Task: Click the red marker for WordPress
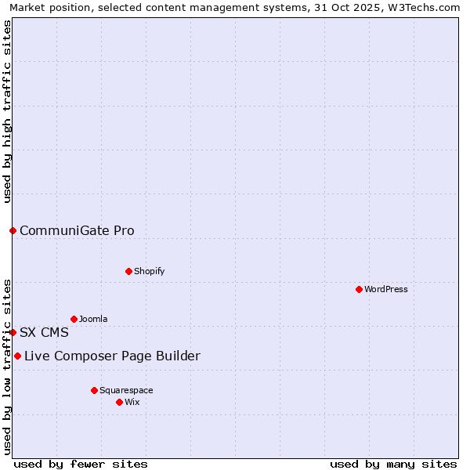pos(359,289)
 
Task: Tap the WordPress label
pos(386,289)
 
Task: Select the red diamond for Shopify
pos(128,271)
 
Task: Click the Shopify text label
pos(150,271)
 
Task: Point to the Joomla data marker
pos(74,319)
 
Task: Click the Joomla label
pos(93,319)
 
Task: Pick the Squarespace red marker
pos(94,390)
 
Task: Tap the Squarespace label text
pos(126,390)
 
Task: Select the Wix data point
pos(119,402)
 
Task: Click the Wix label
pos(132,402)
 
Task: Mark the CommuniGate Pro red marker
pos(13,230)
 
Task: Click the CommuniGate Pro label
pos(77,230)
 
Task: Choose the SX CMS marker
pos(13,332)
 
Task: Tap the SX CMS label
pos(44,332)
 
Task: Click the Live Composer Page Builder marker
pos(17,356)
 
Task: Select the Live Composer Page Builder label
pos(112,356)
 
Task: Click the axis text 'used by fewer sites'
pos(81,464)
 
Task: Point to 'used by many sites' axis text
pos(393,464)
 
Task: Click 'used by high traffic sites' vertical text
pos(7,111)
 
